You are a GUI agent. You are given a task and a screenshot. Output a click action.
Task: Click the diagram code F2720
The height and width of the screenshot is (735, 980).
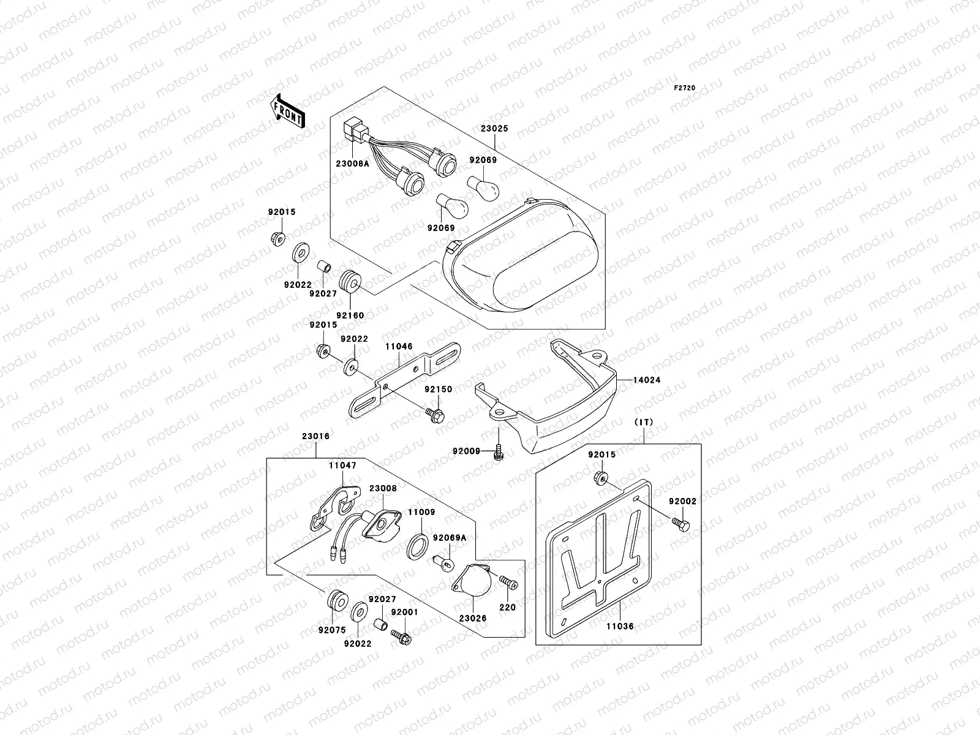[685, 88]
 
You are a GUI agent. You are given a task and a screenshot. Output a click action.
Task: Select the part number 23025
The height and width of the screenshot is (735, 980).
[494, 130]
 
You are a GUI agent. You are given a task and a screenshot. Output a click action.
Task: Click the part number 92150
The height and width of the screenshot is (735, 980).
[439, 390]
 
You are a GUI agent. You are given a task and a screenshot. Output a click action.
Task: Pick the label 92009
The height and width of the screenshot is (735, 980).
[466, 451]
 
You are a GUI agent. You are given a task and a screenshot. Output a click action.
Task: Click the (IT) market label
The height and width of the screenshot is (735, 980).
[644, 423]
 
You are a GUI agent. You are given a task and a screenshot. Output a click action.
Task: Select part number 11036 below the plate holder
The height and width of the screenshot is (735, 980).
[620, 627]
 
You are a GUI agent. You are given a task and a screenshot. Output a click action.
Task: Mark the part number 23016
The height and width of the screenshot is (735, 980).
[315, 437]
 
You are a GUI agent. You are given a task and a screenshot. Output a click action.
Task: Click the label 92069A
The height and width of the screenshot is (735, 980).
[450, 538]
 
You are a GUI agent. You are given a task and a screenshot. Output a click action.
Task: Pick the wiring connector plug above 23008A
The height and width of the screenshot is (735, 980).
[353, 130]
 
